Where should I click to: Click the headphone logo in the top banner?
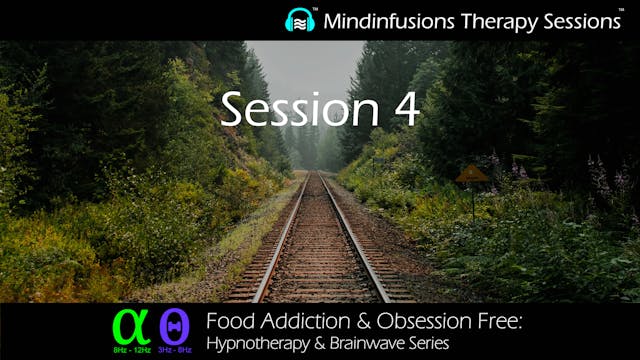tap(300, 19)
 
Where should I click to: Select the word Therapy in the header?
tap(497, 20)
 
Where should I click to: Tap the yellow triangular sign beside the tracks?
tap(472, 175)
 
